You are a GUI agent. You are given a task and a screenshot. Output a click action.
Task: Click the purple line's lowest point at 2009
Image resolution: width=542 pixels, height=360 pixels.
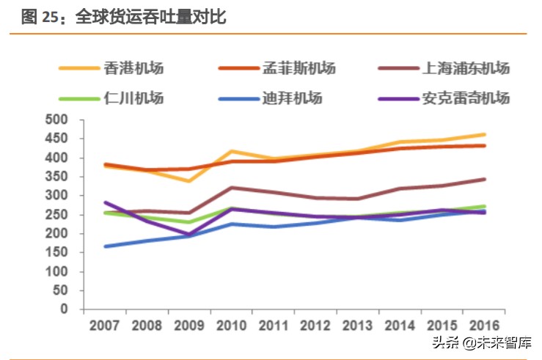click(x=189, y=235)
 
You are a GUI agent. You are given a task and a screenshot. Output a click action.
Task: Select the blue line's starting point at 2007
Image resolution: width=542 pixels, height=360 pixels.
click(x=106, y=246)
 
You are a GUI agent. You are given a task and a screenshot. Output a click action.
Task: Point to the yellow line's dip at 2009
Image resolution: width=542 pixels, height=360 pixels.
click(x=189, y=181)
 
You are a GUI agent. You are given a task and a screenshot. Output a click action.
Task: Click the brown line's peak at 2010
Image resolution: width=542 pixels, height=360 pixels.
click(x=231, y=188)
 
